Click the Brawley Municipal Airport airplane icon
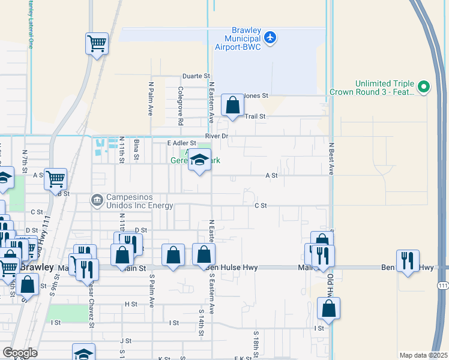(270, 37)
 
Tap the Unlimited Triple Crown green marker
(424, 87)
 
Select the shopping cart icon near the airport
(97, 43)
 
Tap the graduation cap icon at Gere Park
(200, 161)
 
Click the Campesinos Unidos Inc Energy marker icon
(97, 199)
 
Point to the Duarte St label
(197, 76)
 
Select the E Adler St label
(182, 143)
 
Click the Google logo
(20, 353)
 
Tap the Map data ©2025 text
(423, 355)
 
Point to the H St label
(131, 304)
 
